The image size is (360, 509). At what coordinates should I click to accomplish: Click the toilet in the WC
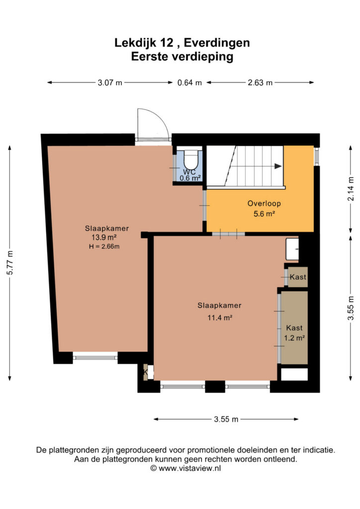(191, 159)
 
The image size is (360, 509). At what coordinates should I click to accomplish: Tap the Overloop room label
(264, 203)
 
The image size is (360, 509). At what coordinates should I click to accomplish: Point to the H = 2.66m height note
(104, 247)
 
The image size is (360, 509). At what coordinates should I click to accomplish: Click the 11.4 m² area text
(220, 318)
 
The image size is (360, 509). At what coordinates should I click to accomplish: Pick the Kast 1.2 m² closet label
(294, 333)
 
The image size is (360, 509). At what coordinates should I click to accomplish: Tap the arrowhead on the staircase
(278, 166)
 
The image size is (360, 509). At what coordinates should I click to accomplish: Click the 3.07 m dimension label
(110, 83)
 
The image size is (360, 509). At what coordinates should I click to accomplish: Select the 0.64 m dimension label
(189, 83)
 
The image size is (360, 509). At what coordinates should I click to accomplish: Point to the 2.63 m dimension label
(260, 83)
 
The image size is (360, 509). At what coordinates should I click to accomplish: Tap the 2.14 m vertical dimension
(351, 188)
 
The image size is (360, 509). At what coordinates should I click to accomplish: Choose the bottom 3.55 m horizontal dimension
(226, 419)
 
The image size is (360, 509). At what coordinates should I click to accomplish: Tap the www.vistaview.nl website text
(189, 468)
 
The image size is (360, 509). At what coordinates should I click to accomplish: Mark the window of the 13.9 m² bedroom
(95, 357)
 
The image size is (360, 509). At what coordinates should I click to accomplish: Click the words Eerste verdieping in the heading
(182, 57)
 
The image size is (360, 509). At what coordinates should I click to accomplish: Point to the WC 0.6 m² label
(190, 175)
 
